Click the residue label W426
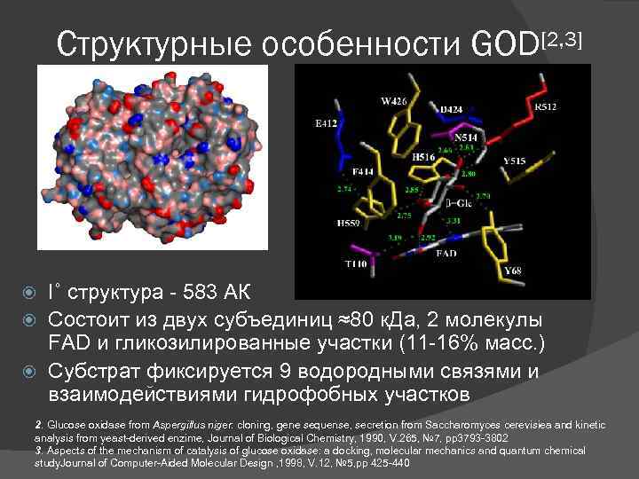[394, 102]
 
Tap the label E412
[326, 124]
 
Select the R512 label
[547, 106]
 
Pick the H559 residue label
[349, 222]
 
